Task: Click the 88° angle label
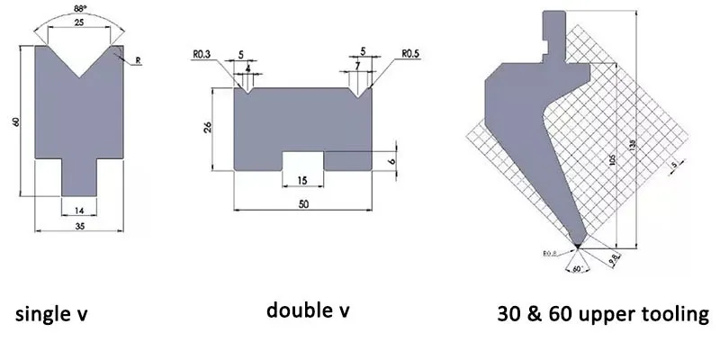click(79, 9)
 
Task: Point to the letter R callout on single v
click(138, 60)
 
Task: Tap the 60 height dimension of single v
click(17, 121)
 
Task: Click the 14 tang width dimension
click(79, 209)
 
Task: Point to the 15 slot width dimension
click(302, 181)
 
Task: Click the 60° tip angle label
click(576, 267)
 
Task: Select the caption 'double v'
click(308, 311)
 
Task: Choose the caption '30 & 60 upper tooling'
click(603, 315)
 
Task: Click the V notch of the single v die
click(79, 63)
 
